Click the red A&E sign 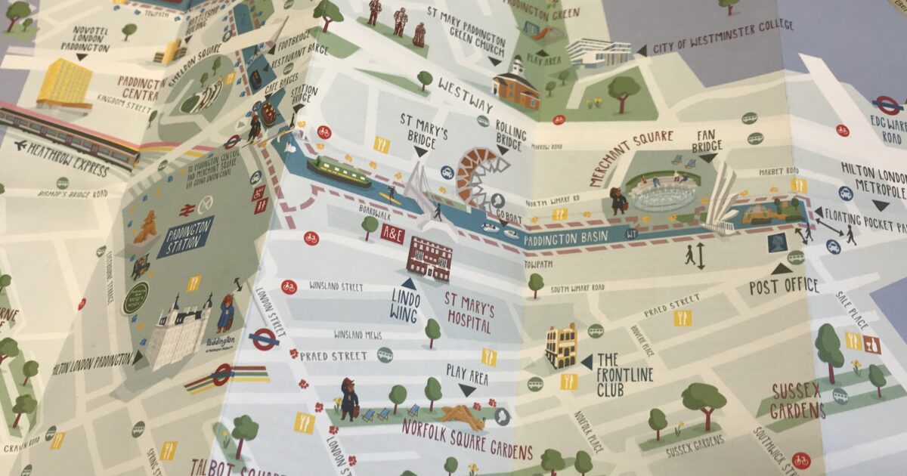[x=392, y=233]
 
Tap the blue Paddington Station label [x=185, y=235]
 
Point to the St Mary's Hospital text [x=469, y=317]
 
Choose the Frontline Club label [x=624, y=375]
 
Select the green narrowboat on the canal [x=338, y=172]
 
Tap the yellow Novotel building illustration [x=64, y=82]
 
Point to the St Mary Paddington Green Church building [x=516, y=85]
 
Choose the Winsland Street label [x=336, y=287]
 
